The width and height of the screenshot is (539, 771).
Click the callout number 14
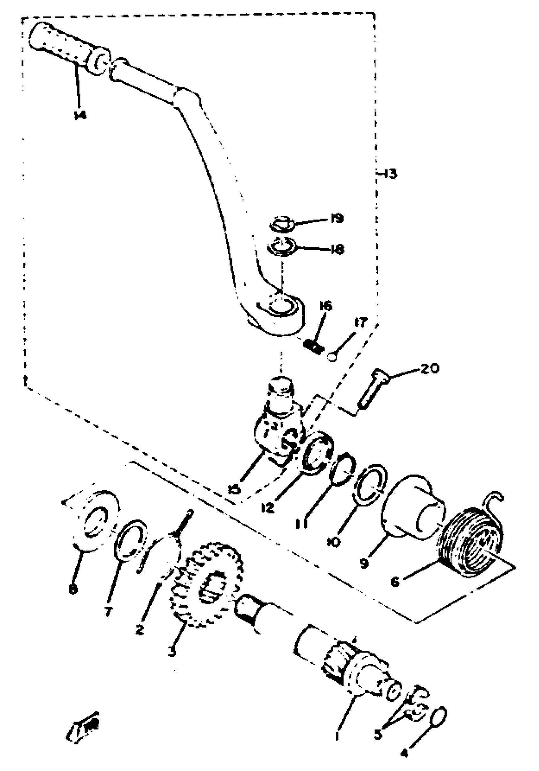80,115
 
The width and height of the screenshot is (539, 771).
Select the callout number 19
337,219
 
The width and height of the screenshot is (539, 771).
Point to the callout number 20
430,368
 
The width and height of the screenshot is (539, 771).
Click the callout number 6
395,582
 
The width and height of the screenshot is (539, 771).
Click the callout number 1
337,735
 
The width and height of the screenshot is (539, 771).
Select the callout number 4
405,753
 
